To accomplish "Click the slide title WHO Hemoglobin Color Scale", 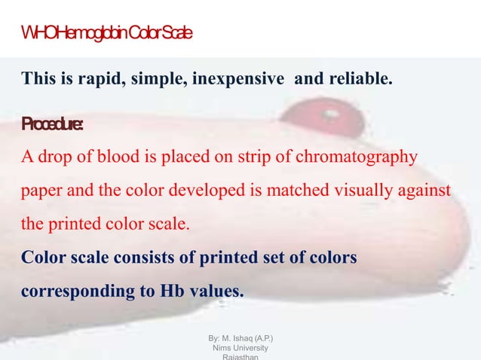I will [x=106, y=34].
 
